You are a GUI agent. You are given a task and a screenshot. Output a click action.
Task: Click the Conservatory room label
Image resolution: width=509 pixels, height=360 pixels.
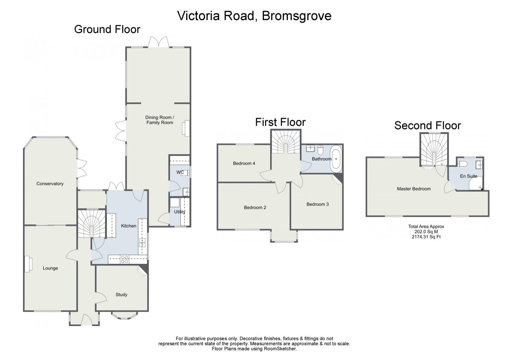coord(50,184)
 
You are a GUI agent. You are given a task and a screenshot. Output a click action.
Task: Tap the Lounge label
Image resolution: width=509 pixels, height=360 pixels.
coord(50,268)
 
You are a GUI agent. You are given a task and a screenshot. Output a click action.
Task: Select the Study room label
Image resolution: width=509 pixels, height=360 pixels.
coord(121,295)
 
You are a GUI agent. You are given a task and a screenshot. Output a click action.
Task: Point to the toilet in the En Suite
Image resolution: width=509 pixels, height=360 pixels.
coord(462,163)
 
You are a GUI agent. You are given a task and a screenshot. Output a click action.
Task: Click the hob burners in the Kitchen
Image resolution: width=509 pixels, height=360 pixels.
coord(125,259)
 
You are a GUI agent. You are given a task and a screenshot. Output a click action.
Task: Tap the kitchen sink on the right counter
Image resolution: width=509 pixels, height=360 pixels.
coord(142,242)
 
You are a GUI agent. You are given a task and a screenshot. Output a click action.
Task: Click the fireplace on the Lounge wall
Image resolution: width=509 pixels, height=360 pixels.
coord(28,263)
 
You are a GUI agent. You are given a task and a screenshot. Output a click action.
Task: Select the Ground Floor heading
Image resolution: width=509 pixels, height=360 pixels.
coord(107,29)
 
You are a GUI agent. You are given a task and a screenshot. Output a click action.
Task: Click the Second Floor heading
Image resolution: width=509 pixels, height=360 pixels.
coord(427,125)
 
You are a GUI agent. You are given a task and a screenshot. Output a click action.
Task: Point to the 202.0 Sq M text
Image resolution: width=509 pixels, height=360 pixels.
coord(426,232)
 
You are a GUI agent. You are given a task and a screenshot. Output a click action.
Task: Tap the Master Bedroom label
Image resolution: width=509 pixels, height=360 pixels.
coord(413,189)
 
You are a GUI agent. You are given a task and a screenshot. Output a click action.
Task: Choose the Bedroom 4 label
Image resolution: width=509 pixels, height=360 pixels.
coord(244,163)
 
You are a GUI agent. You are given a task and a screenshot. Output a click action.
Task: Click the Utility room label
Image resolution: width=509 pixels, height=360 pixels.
coord(180,212)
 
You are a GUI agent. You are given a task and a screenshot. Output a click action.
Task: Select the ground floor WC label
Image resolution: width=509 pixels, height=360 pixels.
coord(180,172)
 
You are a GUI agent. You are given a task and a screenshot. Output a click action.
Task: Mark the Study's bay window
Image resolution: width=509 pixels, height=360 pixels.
coord(124,315)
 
